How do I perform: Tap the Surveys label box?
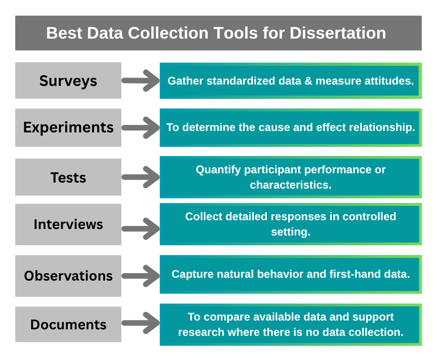point(68,80)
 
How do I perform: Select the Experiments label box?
point(68,127)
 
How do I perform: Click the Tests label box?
point(68,177)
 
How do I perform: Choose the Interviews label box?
point(68,224)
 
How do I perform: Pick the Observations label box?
point(68,275)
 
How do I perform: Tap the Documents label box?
point(68,324)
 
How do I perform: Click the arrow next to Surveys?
point(141,80)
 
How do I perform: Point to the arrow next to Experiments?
point(141,127)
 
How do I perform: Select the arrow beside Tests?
point(141,177)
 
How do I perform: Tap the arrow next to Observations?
point(141,275)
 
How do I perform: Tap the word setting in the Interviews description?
point(290,232)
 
